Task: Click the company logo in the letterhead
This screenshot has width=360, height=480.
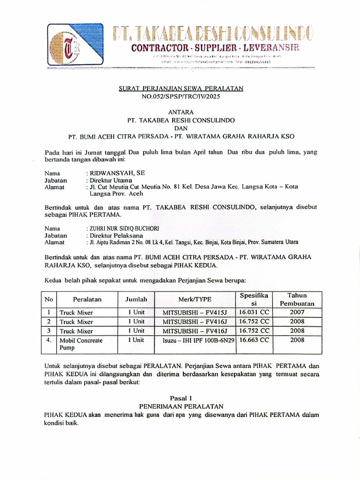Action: click(75, 46)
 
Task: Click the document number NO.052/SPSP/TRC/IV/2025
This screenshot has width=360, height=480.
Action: click(180, 96)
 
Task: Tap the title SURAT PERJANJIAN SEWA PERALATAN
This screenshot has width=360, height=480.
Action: click(180, 89)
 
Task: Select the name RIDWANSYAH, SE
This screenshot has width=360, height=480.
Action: click(112, 173)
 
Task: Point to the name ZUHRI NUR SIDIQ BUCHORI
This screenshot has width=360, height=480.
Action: click(123, 228)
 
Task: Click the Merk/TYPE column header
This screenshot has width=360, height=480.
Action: click(195, 299)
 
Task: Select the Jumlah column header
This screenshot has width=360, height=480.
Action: click(136, 299)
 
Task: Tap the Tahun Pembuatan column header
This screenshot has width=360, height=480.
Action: click(297, 299)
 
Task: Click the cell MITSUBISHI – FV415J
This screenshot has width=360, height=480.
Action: click(195, 312)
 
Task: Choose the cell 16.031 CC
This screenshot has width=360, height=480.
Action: click(254, 312)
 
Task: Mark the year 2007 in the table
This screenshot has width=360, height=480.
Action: click(297, 312)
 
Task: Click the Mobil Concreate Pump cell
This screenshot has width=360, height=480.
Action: click(81, 344)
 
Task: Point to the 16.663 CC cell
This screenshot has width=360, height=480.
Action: click(254, 340)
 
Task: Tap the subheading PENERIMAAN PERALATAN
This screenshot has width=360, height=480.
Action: click(181, 406)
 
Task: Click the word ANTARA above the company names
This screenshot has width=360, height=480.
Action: click(180, 112)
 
